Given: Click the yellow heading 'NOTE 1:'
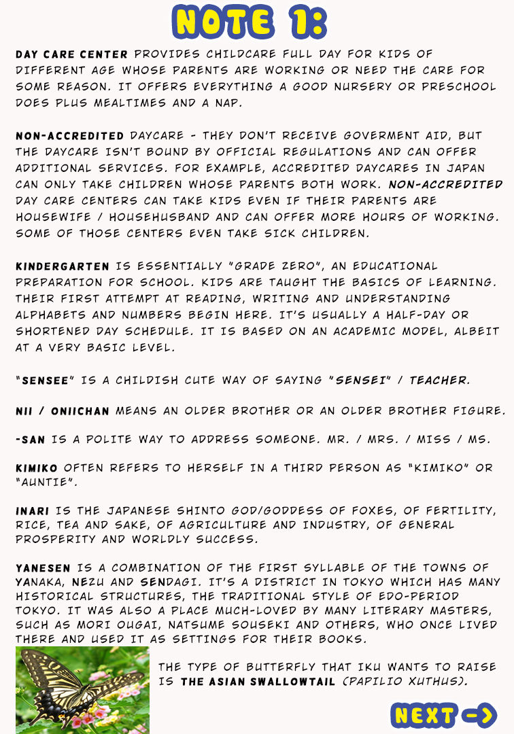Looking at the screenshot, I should [x=250, y=22].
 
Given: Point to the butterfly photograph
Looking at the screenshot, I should [x=82, y=689].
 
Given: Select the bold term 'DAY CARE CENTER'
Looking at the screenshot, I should [x=71, y=54].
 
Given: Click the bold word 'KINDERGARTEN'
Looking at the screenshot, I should [x=62, y=266].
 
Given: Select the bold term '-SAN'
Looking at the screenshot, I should [x=30, y=440].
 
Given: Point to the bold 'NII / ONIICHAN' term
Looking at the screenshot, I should [x=63, y=411].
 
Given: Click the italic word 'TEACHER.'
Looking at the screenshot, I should [x=439, y=381].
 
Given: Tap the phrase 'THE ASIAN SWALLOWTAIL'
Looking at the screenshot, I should [x=258, y=681].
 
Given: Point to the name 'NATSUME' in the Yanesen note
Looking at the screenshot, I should [x=291, y=625].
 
